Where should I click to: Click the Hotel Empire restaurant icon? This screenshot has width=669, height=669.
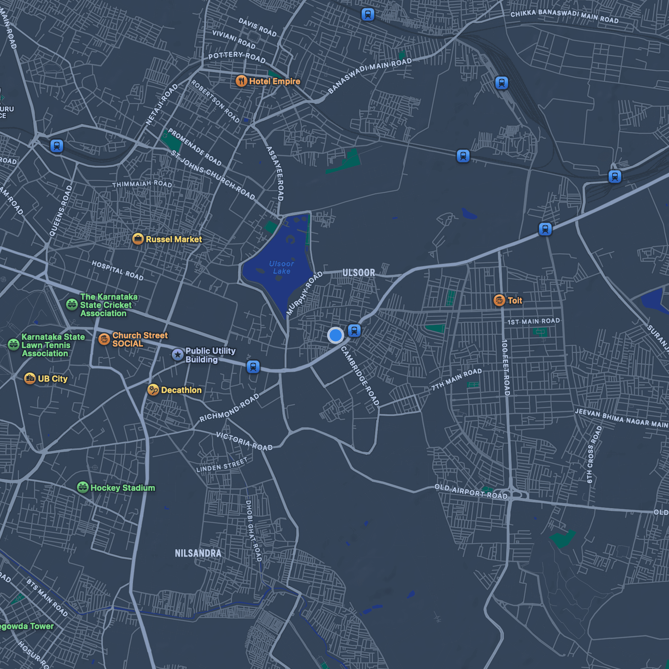[x=241, y=81]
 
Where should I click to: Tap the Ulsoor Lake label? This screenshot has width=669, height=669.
[x=281, y=268]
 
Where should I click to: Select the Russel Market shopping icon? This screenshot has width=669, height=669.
[x=138, y=239]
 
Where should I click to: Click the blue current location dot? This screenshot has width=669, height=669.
[x=335, y=335]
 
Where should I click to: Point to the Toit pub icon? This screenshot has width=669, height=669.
[x=499, y=300]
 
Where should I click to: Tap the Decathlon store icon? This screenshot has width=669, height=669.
[x=153, y=389]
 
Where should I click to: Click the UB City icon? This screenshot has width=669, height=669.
[x=30, y=378]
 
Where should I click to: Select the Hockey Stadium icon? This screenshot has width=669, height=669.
[x=83, y=487]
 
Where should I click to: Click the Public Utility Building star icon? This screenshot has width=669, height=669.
[x=178, y=354]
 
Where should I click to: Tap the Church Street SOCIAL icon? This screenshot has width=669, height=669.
[x=104, y=339]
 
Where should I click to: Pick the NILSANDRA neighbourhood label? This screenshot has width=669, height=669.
[x=198, y=553]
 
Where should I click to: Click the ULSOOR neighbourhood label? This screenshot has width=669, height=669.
[x=359, y=273]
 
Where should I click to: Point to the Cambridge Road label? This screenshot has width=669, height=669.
[x=360, y=376]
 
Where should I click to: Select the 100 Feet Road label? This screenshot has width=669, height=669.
[x=505, y=368]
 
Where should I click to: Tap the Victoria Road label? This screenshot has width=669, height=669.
[x=244, y=441]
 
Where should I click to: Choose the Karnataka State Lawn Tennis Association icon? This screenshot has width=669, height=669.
[x=14, y=345]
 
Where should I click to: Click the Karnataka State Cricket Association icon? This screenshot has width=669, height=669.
[x=72, y=304]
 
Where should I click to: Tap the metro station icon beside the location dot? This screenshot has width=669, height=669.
[x=354, y=331]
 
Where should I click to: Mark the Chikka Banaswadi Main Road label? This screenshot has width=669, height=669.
[x=564, y=16]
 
